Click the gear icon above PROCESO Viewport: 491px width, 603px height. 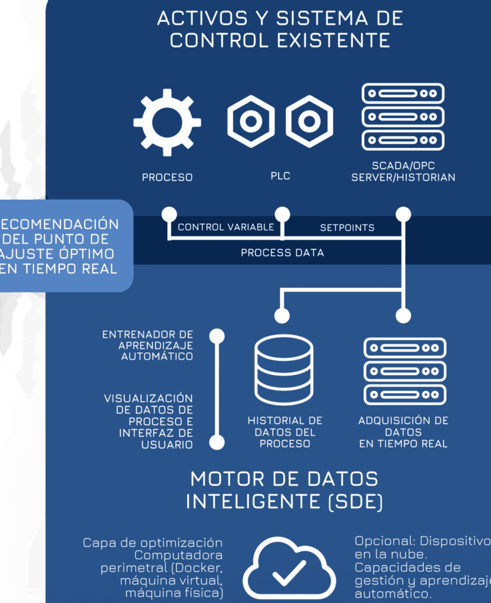tap(167, 122)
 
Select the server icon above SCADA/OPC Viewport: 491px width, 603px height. tap(403, 116)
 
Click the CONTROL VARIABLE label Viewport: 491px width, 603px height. tap(226, 227)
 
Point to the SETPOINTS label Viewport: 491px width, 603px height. tap(347, 227)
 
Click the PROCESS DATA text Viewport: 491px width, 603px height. tap(282, 253)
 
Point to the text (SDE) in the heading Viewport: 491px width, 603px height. tap(356, 502)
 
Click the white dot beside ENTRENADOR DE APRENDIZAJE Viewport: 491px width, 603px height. tap(217, 336)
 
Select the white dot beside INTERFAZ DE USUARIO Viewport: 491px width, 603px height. tap(217, 442)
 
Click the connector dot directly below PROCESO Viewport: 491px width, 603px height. tap(170, 213)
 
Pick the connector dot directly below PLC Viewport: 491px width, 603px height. tap(283, 213)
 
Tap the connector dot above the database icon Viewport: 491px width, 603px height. tap(283, 316)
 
